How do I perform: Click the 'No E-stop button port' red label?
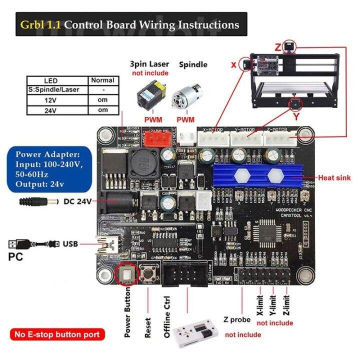click(56, 334)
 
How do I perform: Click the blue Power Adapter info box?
click(47, 168)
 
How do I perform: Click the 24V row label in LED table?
click(50, 110)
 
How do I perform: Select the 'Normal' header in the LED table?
click(102, 80)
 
